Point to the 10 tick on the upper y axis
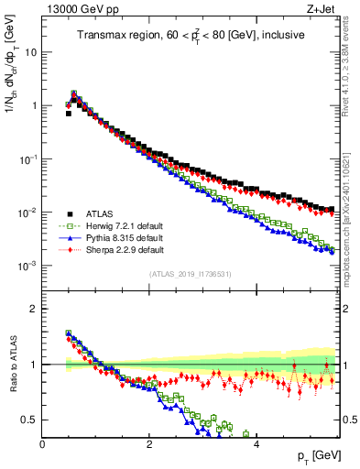point(30,52)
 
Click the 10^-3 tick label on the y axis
point(27,266)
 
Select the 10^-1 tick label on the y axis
point(27,159)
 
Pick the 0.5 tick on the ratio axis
point(28,420)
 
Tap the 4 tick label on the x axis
point(256,443)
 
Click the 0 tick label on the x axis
point(42,443)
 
